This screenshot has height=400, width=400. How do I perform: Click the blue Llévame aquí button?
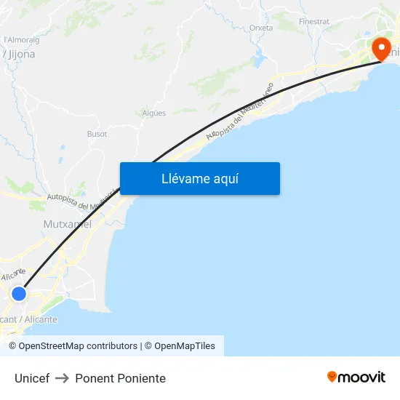[x=199, y=179]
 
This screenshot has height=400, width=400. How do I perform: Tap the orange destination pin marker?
[x=380, y=49]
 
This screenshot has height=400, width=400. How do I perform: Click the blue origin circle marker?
[x=19, y=294]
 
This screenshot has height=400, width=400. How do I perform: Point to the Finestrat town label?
[x=313, y=23]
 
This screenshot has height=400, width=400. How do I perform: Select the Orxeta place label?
[x=261, y=28]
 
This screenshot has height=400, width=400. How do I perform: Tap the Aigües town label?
[x=154, y=113]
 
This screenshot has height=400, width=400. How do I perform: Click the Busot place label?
[x=97, y=134]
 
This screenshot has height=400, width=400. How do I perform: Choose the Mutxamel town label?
[x=68, y=224]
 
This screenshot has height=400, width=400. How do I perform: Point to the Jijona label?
[x=20, y=54]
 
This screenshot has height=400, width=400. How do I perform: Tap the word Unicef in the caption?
[x=32, y=378]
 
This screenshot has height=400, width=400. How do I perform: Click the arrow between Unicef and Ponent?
[x=63, y=378]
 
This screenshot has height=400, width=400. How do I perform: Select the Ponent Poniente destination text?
[x=120, y=378]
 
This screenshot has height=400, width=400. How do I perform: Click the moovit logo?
[x=356, y=377]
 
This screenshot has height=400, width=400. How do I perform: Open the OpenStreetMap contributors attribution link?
[x=73, y=346]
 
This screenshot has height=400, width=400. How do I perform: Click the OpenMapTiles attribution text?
[x=185, y=346]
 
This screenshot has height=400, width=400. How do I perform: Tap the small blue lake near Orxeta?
[x=257, y=60]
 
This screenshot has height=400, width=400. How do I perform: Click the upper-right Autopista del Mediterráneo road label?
[x=240, y=111]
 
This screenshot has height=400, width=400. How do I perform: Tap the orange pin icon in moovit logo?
[x=332, y=377]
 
